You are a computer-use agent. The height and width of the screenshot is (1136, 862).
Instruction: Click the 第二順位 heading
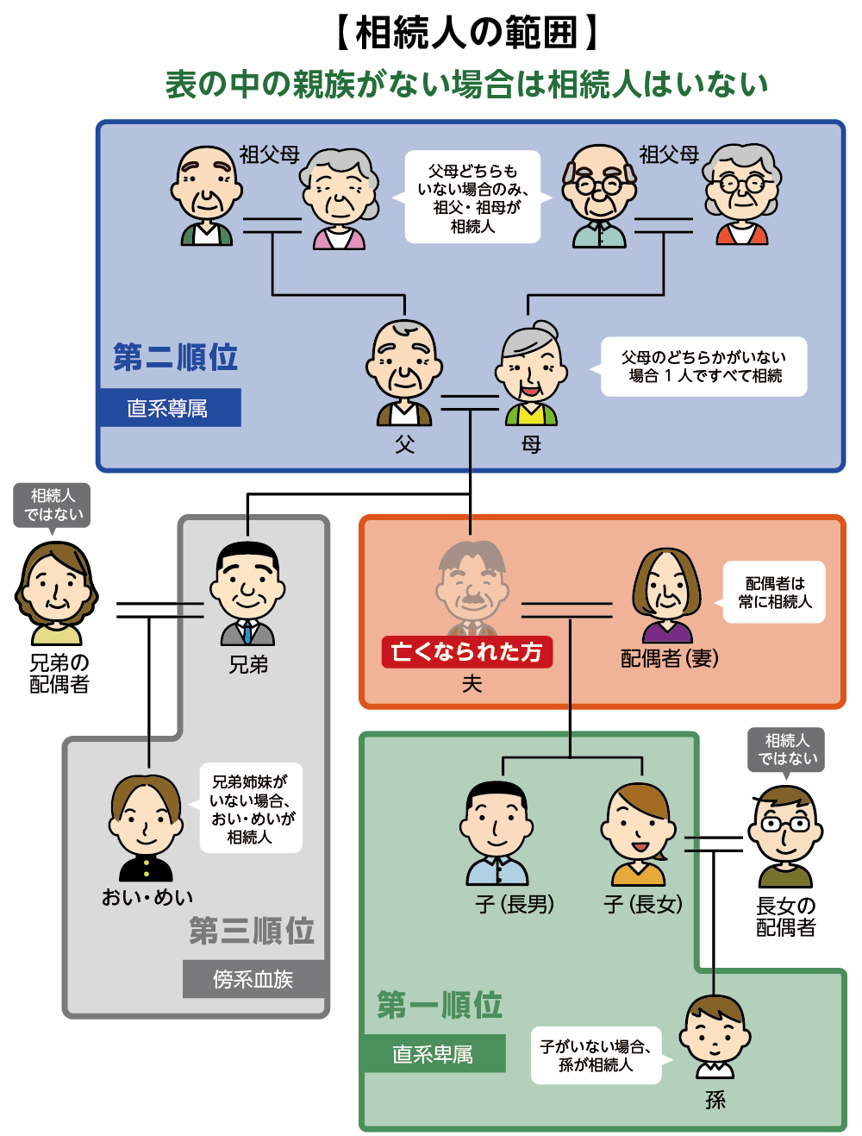tap(175, 357)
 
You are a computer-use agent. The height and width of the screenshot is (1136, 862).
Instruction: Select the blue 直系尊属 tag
tap(168, 408)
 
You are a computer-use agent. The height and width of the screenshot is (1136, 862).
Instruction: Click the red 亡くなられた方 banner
tap(466, 652)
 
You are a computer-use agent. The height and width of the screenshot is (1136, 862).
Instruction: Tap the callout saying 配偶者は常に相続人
tap(774, 593)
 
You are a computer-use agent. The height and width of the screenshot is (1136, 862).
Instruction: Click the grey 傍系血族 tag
tap(253, 979)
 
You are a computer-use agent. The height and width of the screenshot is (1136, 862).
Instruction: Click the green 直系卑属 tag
tap(433, 1054)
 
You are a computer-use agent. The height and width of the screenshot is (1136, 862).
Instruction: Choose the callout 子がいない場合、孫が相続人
tap(596, 1056)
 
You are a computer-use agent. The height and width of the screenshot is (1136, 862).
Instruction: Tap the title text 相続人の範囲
tap(466, 33)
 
